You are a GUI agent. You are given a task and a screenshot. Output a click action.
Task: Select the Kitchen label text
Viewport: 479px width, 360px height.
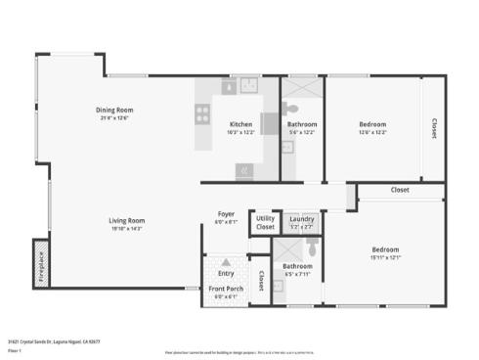pos(241,124)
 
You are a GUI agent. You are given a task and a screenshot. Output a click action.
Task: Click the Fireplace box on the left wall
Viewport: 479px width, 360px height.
pos(41,262)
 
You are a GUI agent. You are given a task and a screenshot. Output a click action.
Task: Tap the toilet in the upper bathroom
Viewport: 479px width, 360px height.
pos(291,108)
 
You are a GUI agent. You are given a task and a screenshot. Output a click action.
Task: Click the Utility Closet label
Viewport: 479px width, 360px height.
pos(265,223)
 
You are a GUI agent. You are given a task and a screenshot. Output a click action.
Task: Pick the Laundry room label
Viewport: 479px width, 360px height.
pos(301,220)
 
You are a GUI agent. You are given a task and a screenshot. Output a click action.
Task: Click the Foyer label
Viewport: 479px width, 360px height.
pos(226,213)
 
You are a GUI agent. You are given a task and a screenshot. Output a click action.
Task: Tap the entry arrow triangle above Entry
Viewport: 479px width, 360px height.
pos(226,262)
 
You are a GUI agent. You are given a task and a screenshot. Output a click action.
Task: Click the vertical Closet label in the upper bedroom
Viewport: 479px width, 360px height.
pos(434,129)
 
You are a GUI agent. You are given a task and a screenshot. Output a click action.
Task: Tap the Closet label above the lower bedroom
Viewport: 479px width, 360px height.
pos(400,190)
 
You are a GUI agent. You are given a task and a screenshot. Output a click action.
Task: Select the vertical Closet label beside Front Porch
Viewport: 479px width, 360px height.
pos(261,282)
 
